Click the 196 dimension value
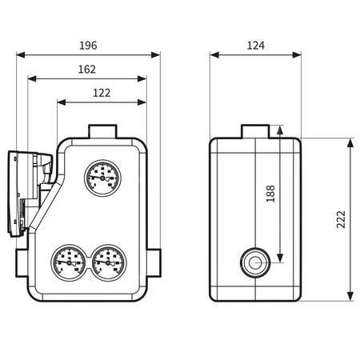click(x=88, y=45)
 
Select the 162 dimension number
click(x=88, y=69)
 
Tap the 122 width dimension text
click(x=102, y=92)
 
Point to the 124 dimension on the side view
click(x=255, y=45)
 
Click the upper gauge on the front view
click(x=102, y=176)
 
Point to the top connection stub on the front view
click(x=102, y=130)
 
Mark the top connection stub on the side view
click(x=255, y=130)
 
